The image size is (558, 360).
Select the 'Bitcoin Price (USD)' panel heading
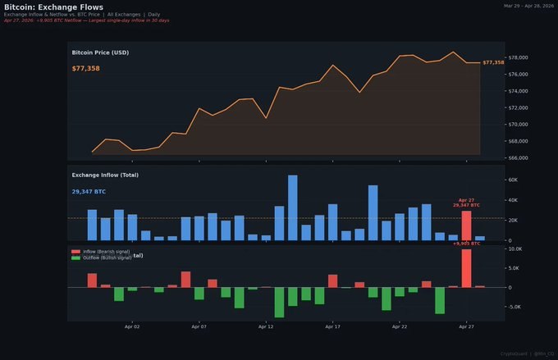tap(100, 52)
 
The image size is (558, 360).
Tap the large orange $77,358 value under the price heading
tap(85, 68)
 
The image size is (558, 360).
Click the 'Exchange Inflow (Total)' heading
tap(104, 175)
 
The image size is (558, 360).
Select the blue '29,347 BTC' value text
tap(89, 191)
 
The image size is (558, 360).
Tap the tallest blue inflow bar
tap(293, 207)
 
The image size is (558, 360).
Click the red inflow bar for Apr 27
tap(466, 226)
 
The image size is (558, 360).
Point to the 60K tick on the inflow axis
tap(516, 180)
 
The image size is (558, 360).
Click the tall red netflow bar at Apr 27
tap(466, 268)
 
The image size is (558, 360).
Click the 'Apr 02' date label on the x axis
tap(132, 326)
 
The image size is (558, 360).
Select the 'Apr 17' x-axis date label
tap(332, 326)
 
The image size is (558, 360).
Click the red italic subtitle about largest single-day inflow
tap(86, 20)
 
